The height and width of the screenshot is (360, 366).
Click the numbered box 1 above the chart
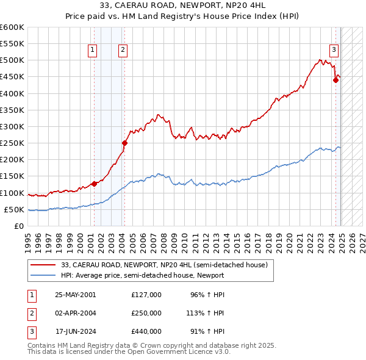[93, 51]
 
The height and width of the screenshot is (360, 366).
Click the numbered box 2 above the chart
[123, 51]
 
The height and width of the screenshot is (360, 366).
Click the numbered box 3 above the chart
[335, 51]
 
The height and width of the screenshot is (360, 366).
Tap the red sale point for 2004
[124, 143]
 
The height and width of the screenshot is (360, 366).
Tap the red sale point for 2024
[335, 80]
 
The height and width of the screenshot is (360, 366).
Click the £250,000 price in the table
[146, 313]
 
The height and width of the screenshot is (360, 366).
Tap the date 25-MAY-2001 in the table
[76, 295]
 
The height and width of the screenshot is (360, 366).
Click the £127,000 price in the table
[146, 295]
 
